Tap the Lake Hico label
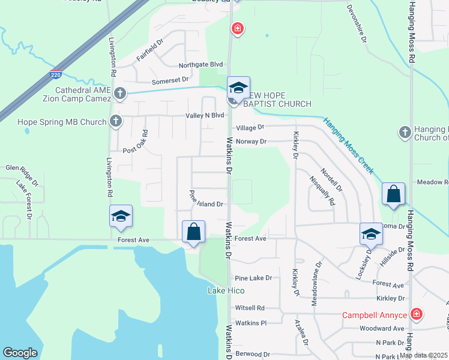coord(226,291)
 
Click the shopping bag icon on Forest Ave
coord(194,232)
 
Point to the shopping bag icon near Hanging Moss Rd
coord(393,194)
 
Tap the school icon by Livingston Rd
coord(121,216)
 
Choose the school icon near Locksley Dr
coord(371,234)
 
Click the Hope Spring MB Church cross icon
coord(116,122)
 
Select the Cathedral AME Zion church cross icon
coord(120,93)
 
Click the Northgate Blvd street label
coord(200,65)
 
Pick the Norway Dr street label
coord(251,142)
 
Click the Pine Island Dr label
coord(206,199)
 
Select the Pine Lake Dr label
coord(253,278)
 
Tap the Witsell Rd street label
coord(250,308)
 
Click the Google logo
coord(20,353)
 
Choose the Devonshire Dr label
coord(357,23)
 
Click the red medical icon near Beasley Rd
coord(238,28)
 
